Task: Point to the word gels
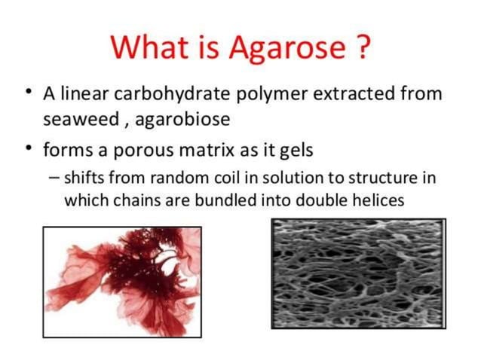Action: [x=296, y=151]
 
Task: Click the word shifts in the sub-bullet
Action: [x=84, y=178]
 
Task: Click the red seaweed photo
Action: [x=122, y=282]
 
